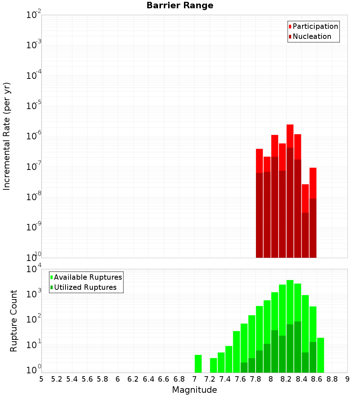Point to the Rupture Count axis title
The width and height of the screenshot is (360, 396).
14,320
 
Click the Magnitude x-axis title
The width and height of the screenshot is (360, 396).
194,390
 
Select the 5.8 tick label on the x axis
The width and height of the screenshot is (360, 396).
103,379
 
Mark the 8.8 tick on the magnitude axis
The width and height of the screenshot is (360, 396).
332,379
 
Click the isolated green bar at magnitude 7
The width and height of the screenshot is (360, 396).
198,364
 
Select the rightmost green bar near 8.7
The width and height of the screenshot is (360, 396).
320,355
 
